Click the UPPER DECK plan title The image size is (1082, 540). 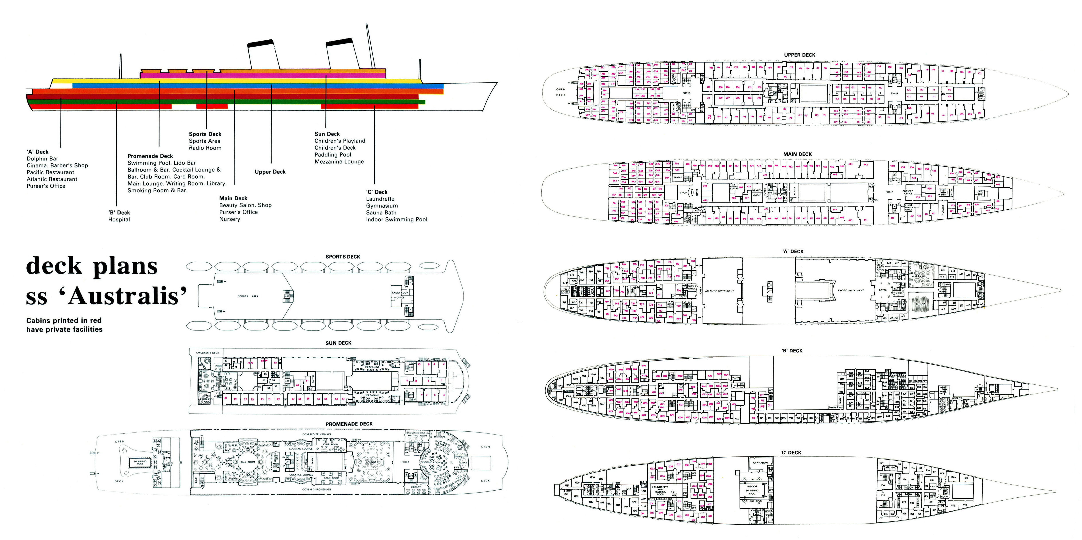tap(799, 55)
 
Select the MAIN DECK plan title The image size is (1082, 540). tap(797, 154)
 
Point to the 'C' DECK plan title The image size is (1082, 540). tap(791, 453)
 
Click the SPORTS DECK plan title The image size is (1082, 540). tap(343, 257)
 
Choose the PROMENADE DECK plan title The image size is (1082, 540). tap(349, 424)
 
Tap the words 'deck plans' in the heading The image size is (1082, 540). tap(91, 266)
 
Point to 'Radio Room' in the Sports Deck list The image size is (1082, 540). tap(205, 148)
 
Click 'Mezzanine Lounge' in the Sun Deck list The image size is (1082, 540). tap(339, 162)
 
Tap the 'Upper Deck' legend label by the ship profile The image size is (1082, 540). tap(270, 172)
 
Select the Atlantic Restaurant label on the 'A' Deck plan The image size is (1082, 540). tap(719, 291)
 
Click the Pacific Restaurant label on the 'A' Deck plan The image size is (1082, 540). tap(851, 290)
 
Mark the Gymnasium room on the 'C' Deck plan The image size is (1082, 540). tap(760, 463)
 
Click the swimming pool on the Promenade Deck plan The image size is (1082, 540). tap(140, 462)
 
